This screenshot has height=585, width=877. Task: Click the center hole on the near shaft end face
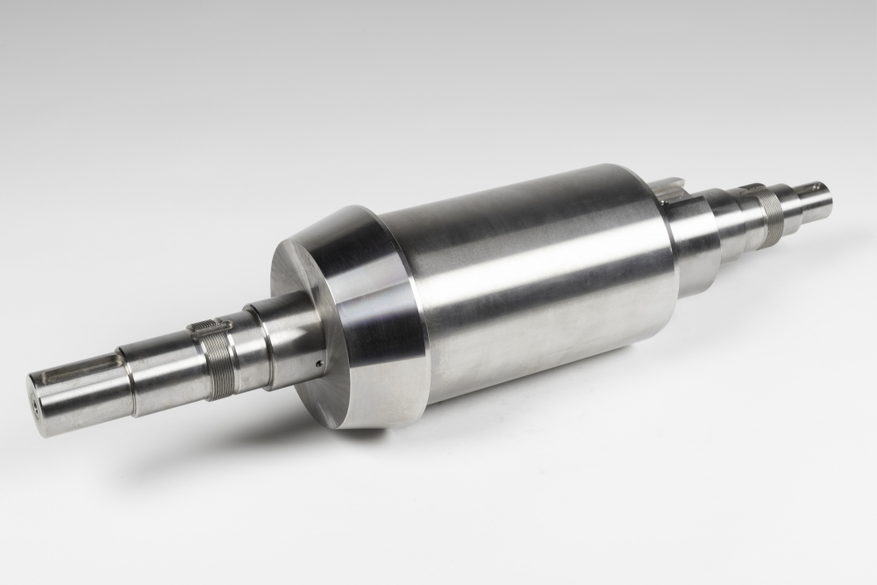pos(35,407)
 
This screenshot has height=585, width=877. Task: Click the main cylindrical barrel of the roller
pos(535,281)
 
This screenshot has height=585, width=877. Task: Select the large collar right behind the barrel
pos(693,237)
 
